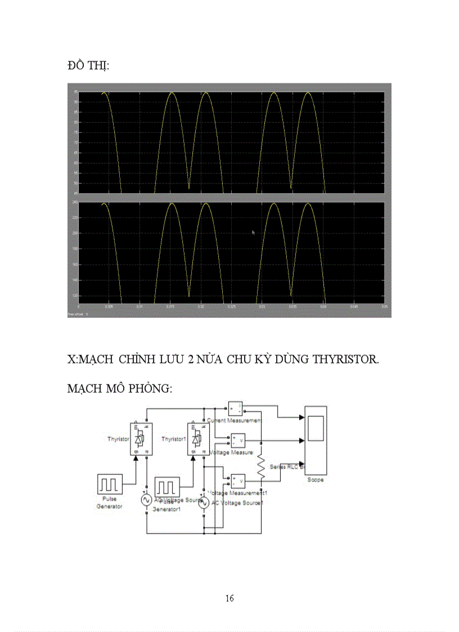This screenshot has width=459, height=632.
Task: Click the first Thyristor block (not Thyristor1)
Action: coord(139,439)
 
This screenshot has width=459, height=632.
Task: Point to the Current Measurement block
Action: coord(235,408)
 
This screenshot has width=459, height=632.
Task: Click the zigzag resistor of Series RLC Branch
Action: coord(260,468)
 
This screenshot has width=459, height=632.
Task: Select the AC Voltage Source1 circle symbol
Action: coord(204,502)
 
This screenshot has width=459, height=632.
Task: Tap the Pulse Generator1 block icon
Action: coord(168,486)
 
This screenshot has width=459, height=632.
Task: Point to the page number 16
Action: coord(229,598)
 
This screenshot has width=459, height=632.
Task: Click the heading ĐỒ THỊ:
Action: coord(88,66)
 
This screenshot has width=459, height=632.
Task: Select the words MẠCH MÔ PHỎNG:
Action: coord(119,389)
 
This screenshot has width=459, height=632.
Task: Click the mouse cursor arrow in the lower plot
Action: coord(253,231)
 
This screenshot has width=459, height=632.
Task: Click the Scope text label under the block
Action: coord(315,480)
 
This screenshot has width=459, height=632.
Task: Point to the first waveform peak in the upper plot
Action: coord(103,93)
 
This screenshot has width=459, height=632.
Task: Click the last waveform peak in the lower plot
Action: coord(308,203)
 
